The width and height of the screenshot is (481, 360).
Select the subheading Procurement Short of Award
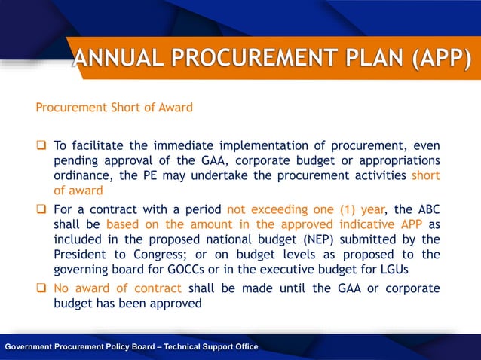[114, 107]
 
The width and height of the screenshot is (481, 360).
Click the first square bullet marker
[42, 146]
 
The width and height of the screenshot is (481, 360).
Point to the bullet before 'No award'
[42, 288]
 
